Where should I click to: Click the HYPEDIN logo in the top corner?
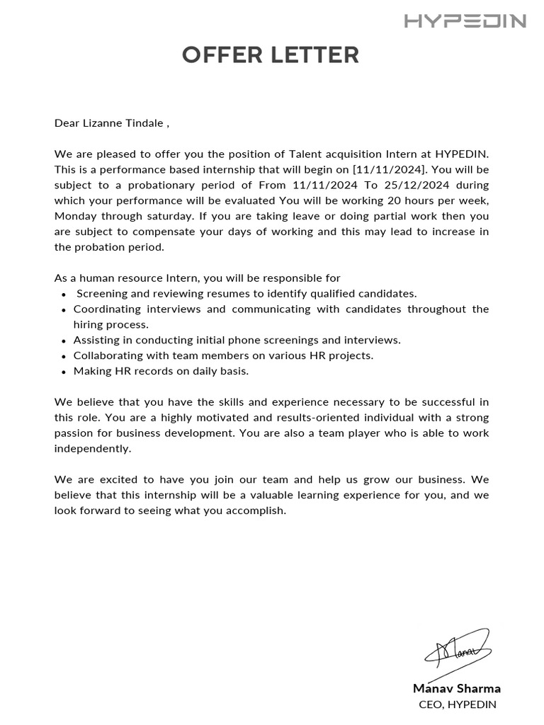pyautogui.click(x=465, y=21)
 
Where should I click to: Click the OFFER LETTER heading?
pyautogui.click(x=271, y=55)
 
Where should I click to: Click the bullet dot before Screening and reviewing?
pyautogui.click(x=64, y=295)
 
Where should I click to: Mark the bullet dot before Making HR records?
pyautogui.click(x=64, y=372)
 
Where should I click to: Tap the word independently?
pyautogui.click(x=93, y=449)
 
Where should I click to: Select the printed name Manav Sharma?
pyautogui.click(x=456, y=688)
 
